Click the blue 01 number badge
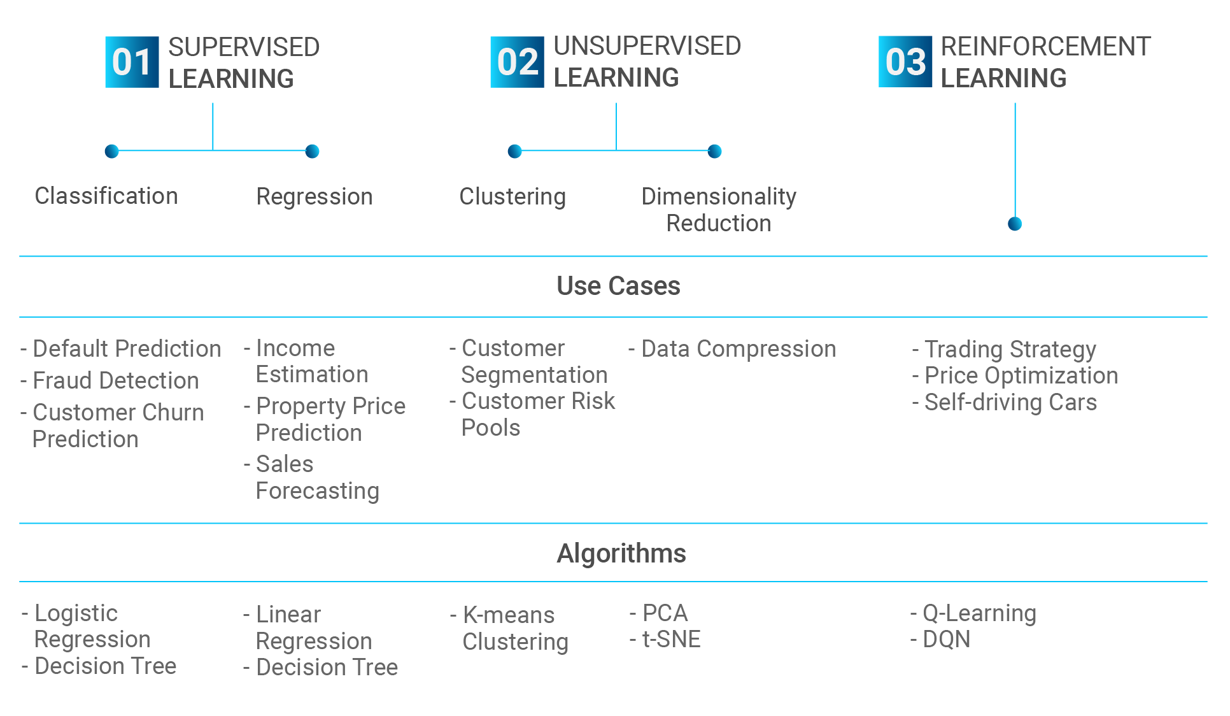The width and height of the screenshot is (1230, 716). click(x=132, y=62)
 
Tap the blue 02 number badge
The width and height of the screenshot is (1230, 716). click(x=517, y=62)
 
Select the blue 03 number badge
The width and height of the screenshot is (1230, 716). click(x=905, y=62)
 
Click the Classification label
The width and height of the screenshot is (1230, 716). click(x=106, y=196)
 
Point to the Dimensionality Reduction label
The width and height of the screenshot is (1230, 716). click(x=719, y=210)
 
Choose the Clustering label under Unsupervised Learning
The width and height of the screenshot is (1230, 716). click(x=512, y=197)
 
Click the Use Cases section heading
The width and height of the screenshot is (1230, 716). click(x=618, y=286)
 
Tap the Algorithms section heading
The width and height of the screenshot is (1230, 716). click(x=621, y=554)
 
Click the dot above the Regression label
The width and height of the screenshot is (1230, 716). click(x=312, y=151)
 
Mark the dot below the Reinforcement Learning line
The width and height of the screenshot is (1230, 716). click(x=1015, y=224)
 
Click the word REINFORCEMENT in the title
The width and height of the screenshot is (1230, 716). click(x=1046, y=47)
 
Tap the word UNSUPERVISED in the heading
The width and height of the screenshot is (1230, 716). click(x=647, y=46)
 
